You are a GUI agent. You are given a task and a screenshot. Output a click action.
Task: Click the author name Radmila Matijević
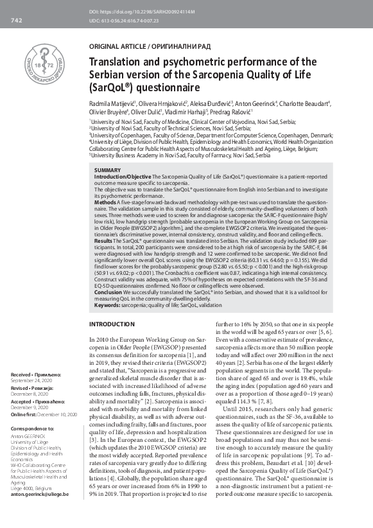click(111, 103)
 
